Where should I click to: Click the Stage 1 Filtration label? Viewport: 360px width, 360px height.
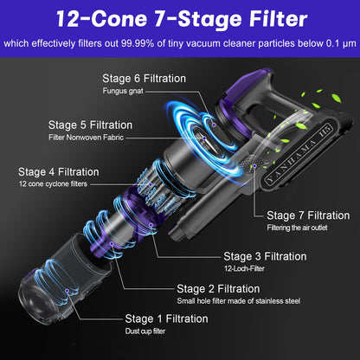point(166,318)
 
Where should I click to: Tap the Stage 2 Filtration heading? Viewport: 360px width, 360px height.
point(218,289)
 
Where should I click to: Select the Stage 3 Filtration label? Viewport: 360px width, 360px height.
point(265,256)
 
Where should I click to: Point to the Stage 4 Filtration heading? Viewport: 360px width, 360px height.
point(59,172)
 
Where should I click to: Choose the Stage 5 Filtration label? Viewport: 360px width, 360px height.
point(90,125)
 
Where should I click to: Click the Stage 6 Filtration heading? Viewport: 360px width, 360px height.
point(145,79)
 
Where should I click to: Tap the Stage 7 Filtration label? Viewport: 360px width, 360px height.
point(308,215)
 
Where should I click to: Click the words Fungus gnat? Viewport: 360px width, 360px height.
point(123,91)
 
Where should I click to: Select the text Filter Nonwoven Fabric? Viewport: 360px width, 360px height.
point(86,138)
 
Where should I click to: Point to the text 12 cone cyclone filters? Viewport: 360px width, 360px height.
point(53,184)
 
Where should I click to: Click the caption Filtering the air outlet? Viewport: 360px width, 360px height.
point(297,228)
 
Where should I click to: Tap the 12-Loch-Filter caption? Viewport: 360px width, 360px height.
point(244,269)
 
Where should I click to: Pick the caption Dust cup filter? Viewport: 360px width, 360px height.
point(145,331)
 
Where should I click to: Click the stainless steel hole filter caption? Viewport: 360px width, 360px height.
point(239,301)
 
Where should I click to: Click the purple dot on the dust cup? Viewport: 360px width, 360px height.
point(67,291)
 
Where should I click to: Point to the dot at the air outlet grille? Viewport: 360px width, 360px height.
point(254,166)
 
